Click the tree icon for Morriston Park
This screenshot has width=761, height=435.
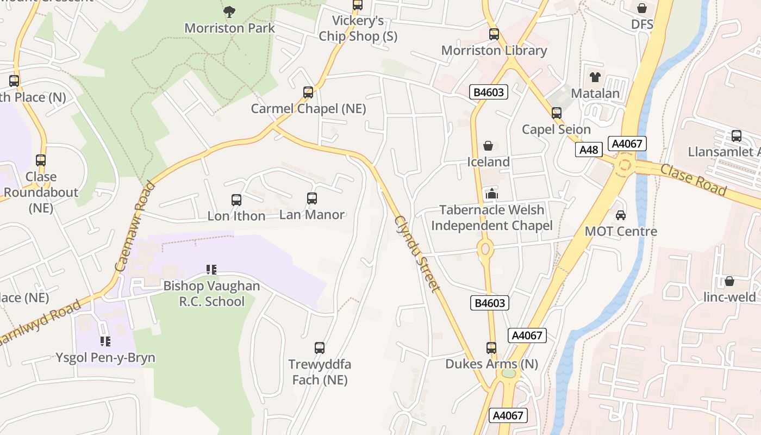coord(229,11)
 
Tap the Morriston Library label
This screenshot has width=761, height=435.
coord(494,51)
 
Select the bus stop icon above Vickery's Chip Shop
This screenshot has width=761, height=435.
coord(358,5)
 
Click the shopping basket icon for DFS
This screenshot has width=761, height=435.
coord(642,8)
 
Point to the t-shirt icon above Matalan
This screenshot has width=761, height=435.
coord(595,77)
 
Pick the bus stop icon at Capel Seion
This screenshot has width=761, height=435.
coord(556,113)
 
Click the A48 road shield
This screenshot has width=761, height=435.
coord(589,150)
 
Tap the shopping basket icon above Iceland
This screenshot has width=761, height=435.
coord(488,146)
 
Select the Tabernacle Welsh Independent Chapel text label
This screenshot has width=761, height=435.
coord(491,217)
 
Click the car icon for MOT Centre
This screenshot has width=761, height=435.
coord(621,215)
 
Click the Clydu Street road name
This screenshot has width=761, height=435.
coord(416,253)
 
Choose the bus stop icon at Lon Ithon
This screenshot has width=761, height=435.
coord(236,200)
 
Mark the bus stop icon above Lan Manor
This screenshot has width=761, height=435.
coord(312,198)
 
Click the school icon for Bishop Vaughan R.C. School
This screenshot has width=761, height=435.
coord(211,269)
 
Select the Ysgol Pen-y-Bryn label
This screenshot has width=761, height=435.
coord(105,358)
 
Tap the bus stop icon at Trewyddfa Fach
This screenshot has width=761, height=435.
coord(320,348)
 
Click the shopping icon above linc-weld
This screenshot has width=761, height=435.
coord(729,281)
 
